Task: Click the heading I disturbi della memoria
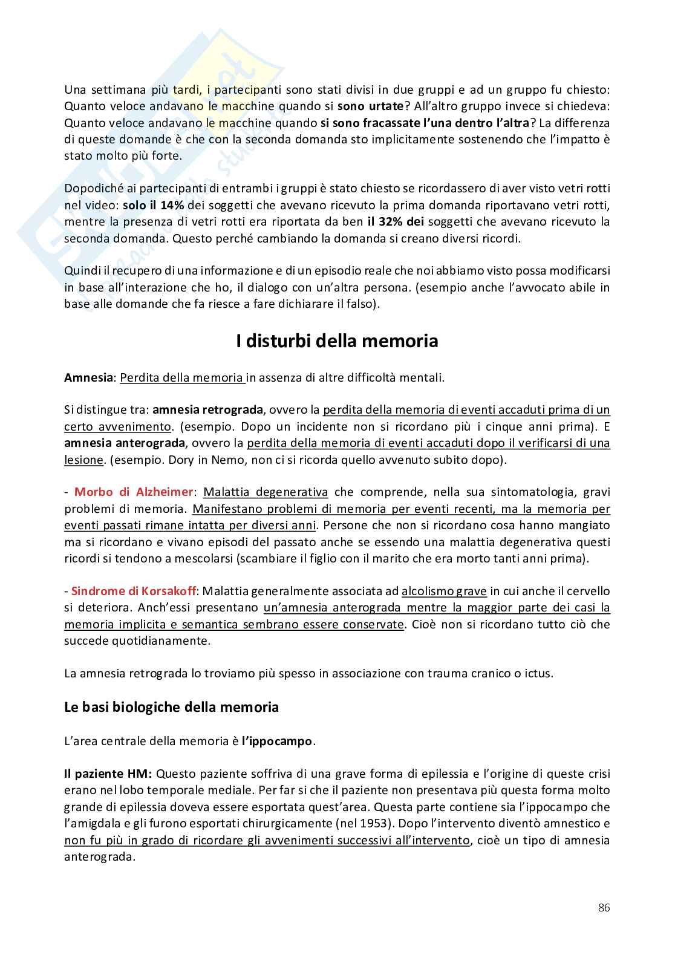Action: pos(337,341)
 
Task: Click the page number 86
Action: pos(603,907)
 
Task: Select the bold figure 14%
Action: pos(172,205)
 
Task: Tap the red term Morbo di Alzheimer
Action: pos(134,492)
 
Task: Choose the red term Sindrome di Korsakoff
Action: pos(136,591)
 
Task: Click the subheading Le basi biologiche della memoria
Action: pos(171,707)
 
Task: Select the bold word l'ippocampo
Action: pos(278,741)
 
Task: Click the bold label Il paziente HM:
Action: pos(108,774)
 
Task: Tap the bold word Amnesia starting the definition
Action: pos(88,378)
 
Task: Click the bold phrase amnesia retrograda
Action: pos(207,409)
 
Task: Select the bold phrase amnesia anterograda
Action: pos(124,443)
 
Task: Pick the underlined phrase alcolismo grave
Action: pos(444,591)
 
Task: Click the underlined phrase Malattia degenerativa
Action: pos(265,492)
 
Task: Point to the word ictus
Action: pos(537,673)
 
